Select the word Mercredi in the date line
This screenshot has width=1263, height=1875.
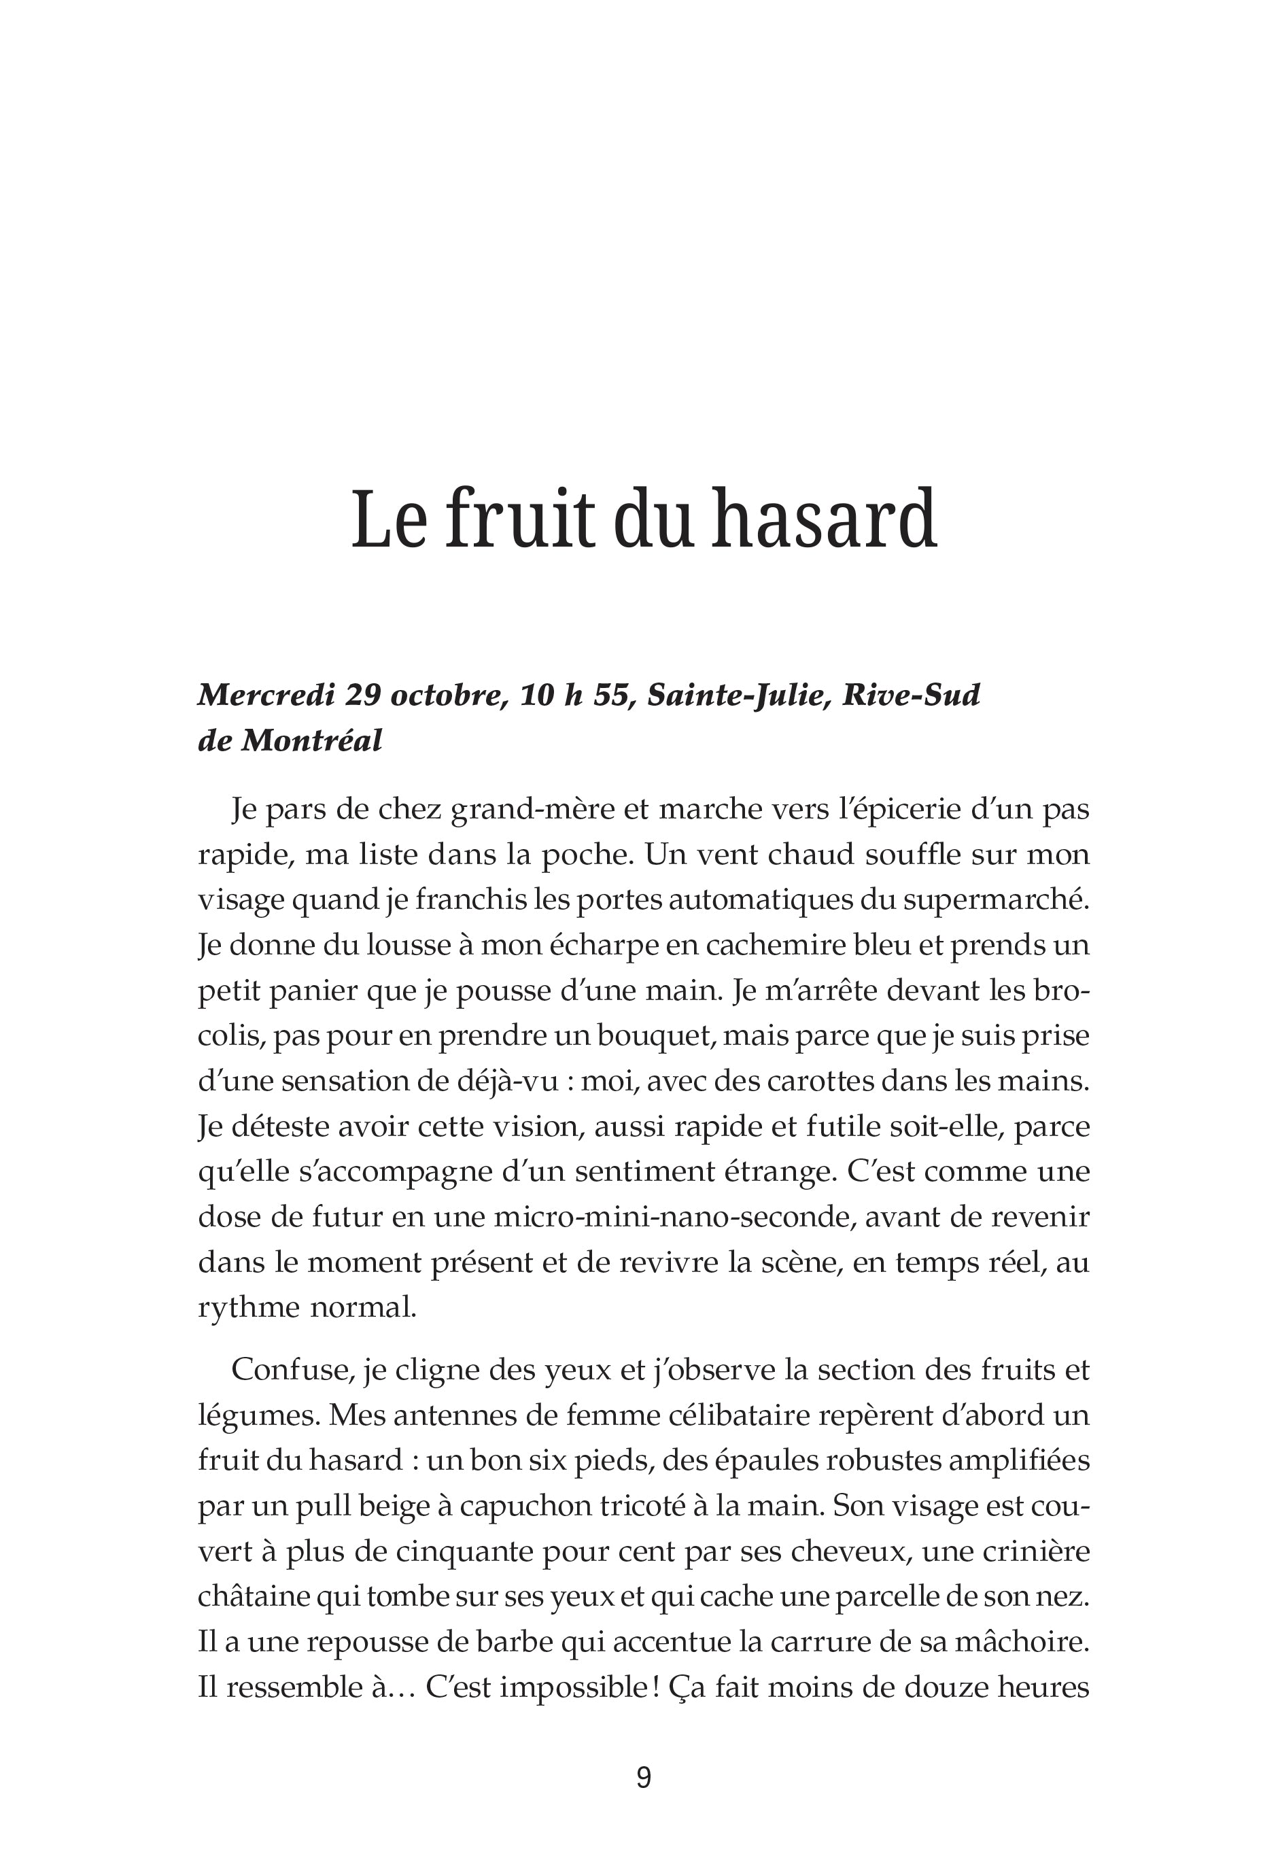click(265, 694)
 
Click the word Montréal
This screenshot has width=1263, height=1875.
click(312, 740)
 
